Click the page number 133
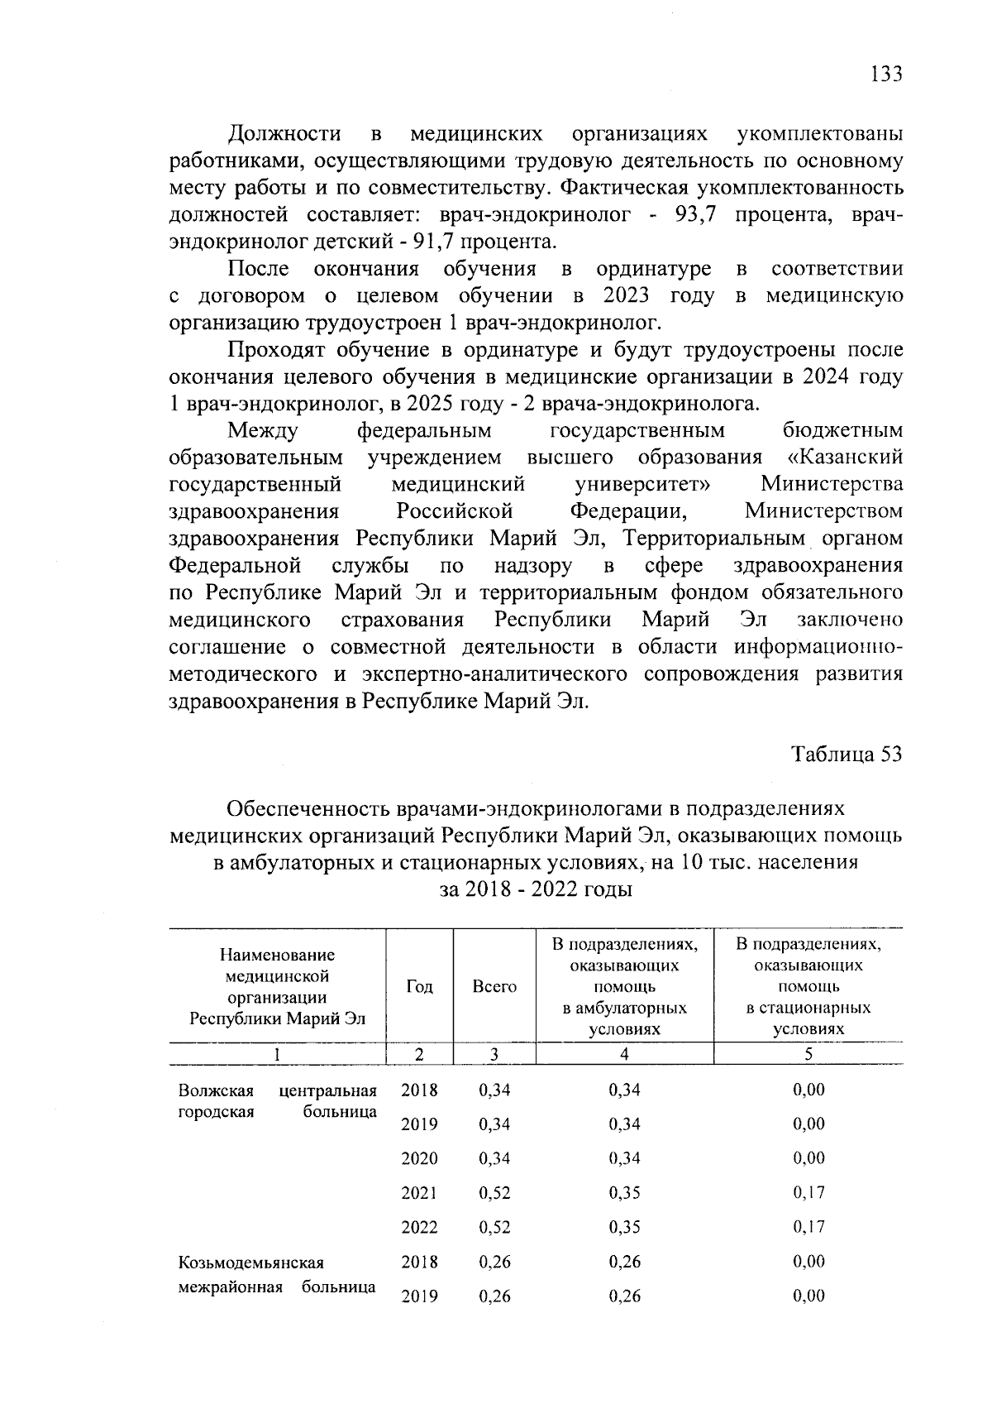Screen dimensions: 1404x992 coord(885,74)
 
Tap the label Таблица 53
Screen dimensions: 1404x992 coord(847,755)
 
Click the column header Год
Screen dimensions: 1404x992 coord(420,986)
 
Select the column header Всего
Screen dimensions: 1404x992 coord(494,986)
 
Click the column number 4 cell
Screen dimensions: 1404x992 coord(625,1054)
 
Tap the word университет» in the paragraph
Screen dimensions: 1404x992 coord(645,484)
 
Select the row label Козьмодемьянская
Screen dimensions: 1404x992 coord(251,1263)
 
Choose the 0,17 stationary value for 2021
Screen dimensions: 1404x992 coord(808,1193)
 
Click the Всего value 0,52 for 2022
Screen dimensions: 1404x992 coord(494,1228)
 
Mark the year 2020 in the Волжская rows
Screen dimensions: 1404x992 coord(419,1158)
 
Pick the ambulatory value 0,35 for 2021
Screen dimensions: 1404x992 coord(624,1193)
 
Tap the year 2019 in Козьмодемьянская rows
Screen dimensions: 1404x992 coord(419,1296)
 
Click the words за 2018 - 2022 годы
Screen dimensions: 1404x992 coord(535,890)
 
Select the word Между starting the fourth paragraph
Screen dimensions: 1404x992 coord(263,430)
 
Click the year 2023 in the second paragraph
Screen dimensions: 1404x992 coord(625,295)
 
